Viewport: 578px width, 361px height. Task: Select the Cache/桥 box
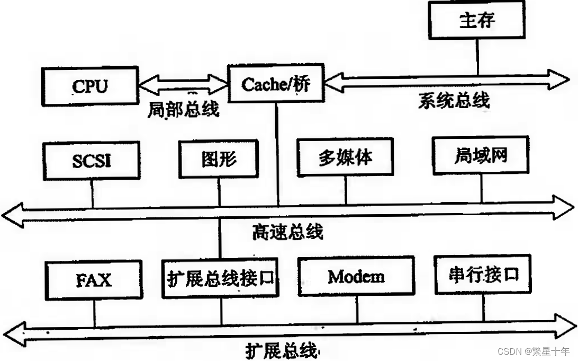point(275,84)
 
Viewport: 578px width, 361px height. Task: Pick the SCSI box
point(93,160)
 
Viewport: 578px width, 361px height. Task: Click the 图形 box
point(219,158)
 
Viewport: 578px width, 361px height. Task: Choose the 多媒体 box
point(345,157)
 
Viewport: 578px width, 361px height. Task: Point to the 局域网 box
point(481,156)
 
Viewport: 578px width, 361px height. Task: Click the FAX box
point(94,279)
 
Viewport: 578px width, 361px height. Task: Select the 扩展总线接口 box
point(221,278)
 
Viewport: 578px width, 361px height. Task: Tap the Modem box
point(356,277)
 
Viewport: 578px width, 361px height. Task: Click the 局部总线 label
point(183,109)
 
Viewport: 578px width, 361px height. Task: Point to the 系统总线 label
point(454,100)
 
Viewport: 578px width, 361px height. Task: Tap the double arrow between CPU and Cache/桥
point(182,84)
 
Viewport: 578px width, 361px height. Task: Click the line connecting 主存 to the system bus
point(477,57)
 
